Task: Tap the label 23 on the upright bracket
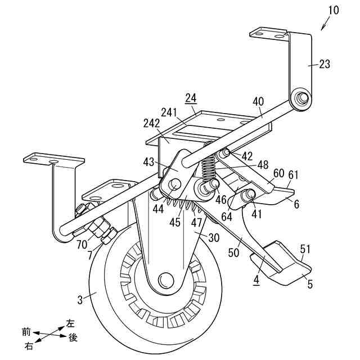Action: tap(325, 64)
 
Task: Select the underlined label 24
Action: tap(191, 98)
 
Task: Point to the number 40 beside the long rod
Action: tap(258, 102)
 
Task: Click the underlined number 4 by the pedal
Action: tap(256, 278)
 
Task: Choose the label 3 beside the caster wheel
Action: tap(80, 300)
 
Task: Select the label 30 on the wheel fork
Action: tap(213, 237)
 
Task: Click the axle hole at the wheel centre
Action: tap(165, 279)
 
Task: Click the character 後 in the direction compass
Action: tap(73, 337)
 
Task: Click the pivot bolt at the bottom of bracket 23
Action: tap(300, 99)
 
